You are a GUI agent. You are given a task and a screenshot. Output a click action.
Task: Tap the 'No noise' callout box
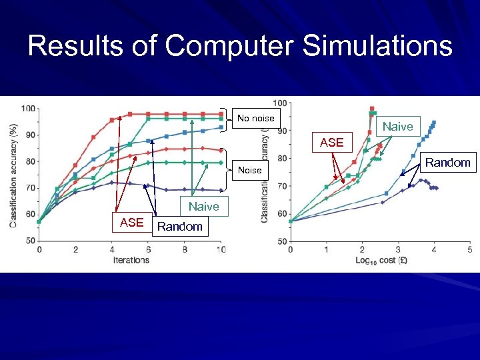pyautogui.click(x=255, y=118)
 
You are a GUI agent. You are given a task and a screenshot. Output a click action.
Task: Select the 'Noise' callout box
pyautogui.click(x=250, y=170)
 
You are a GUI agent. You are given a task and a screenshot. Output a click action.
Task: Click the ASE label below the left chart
pyautogui.click(x=131, y=223)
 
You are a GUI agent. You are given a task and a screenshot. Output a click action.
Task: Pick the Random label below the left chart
pyautogui.click(x=180, y=227)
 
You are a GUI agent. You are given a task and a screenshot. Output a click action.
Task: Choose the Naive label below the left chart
pyautogui.click(x=203, y=207)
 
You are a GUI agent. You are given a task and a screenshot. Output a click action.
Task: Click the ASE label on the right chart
pyautogui.click(x=331, y=142)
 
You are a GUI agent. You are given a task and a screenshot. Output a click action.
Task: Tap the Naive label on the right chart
pyautogui.click(x=397, y=126)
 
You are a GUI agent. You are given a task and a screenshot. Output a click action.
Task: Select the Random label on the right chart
pyautogui.click(x=447, y=162)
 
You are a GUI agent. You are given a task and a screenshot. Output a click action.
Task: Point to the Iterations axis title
pyautogui.click(x=131, y=259)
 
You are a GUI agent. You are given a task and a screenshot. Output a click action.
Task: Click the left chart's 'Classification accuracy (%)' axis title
pyautogui.click(x=14, y=175)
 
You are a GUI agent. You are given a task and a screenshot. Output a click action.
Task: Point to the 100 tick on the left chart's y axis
pyautogui.click(x=29, y=109)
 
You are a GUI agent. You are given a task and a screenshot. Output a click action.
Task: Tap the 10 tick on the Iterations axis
pyautogui.click(x=221, y=250)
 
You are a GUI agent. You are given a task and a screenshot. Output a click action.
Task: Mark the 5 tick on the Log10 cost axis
pyautogui.click(x=469, y=250)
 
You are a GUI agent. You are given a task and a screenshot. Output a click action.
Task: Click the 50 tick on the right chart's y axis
pyautogui.click(x=281, y=241)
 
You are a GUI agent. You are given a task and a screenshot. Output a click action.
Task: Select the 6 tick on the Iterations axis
pyautogui.click(x=148, y=250)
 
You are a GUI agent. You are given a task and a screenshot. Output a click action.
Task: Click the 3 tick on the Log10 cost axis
pyautogui.click(x=398, y=250)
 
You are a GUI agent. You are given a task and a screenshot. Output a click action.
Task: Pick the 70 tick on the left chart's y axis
pyautogui.click(x=31, y=188)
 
